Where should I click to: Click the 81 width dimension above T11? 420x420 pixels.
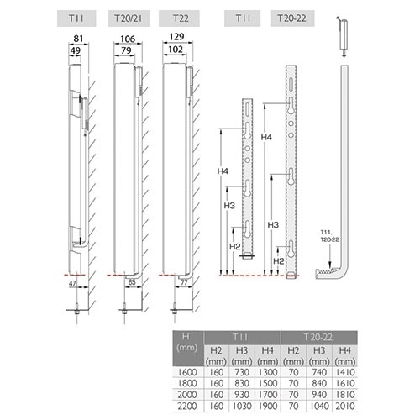78,39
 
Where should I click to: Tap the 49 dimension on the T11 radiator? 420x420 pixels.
75,50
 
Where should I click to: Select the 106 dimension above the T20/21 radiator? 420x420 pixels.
128,39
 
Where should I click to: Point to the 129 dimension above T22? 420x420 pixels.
177,37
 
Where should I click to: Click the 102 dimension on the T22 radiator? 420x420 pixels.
176,50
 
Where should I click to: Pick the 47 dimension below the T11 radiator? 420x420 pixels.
72,283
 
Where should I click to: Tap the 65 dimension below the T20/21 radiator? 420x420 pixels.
132,282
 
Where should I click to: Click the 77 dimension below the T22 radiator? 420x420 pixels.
184,282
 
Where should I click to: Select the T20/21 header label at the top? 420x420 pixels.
129,18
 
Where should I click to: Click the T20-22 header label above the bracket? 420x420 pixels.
292,18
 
